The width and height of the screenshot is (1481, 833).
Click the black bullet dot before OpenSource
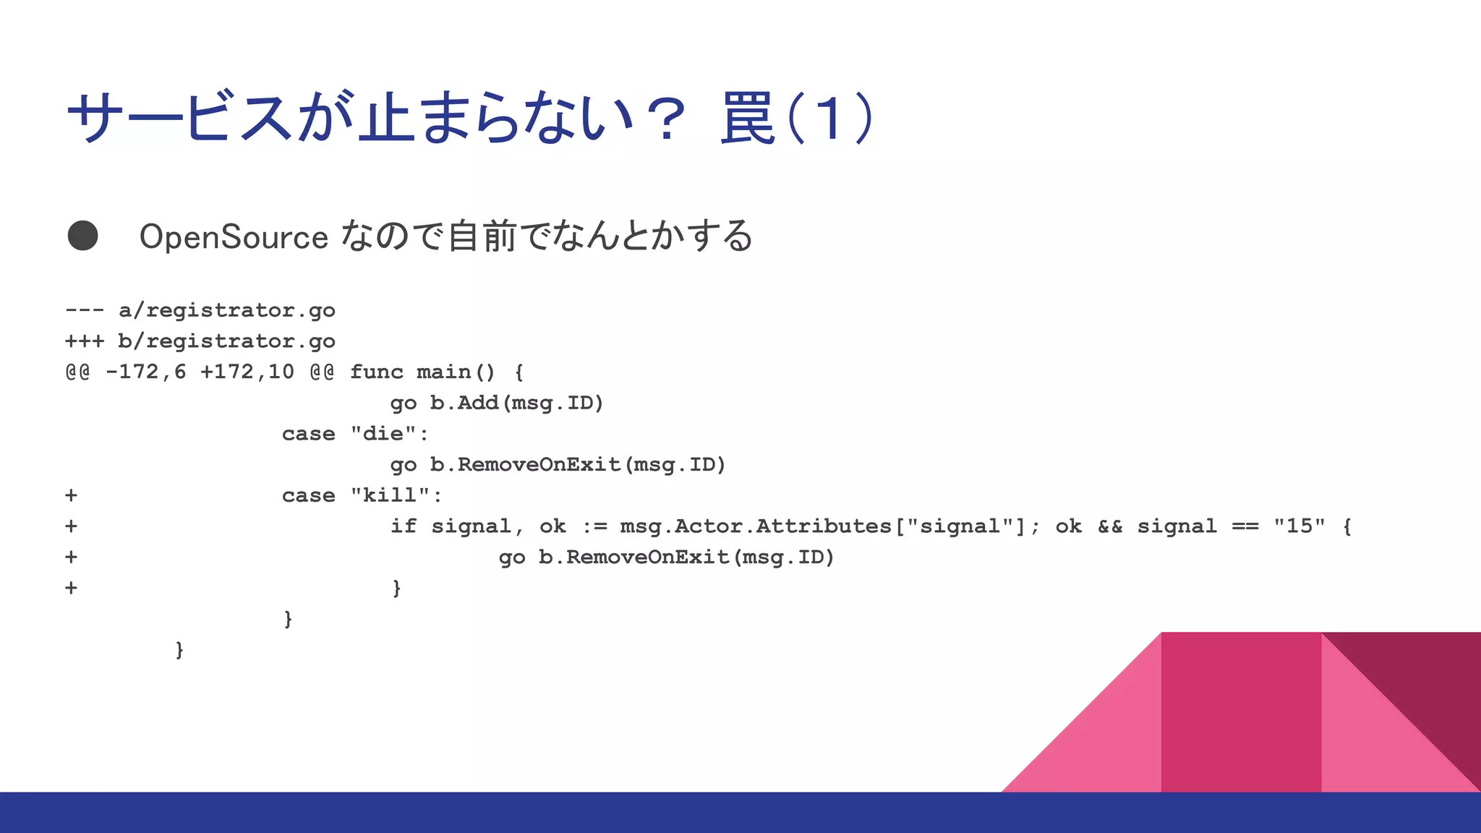pos(82,236)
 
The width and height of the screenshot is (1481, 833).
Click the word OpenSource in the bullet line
pos(234,237)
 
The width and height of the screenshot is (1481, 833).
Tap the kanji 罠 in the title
pos(748,118)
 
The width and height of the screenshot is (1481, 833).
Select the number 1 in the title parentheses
pos(829,118)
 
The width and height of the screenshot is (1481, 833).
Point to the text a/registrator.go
pos(226,310)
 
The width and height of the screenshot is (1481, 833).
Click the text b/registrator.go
pos(226,341)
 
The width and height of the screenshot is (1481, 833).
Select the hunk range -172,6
pos(145,372)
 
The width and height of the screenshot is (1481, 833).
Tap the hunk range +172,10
pos(247,372)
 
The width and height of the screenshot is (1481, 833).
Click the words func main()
pos(422,372)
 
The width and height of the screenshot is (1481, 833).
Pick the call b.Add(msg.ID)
pos(516,403)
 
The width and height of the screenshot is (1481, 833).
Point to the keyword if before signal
pos(404,526)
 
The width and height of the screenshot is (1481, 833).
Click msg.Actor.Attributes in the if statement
pos(755,526)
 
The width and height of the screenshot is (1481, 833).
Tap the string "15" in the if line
pos(1299,526)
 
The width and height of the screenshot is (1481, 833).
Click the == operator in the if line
pos(1245,526)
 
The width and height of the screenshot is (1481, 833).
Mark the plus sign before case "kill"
pos(71,495)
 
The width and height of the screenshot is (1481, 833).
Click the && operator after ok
pos(1109,526)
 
